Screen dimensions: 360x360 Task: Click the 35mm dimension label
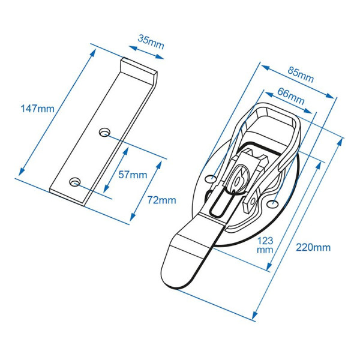(x=151, y=41)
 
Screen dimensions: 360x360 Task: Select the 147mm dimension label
(x=37, y=109)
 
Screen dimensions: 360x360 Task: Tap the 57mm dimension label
(x=133, y=175)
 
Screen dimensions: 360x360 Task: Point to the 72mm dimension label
(x=161, y=200)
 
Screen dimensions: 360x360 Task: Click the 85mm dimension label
(x=301, y=74)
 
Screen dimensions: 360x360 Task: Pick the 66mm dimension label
(x=291, y=96)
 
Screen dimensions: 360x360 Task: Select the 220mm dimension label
(x=313, y=247)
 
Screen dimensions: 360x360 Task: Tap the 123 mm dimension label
(x=265, y=245)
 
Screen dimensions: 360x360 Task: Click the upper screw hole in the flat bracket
(x=104, y=132)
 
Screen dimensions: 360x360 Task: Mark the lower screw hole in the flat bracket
(x=74, y=182)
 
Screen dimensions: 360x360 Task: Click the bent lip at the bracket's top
(x=139, y=68)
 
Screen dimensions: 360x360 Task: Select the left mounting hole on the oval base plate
(x=211, y=178)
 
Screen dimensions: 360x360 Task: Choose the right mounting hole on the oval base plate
(x=273, y=204)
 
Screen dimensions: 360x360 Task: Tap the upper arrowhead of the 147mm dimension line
(x=93, y=53)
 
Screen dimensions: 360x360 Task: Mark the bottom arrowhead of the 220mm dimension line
(x=254, y=316)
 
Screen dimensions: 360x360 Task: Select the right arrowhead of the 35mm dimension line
(x=160, y=56)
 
